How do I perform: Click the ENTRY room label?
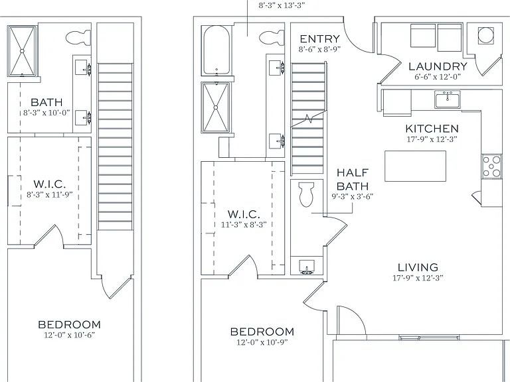pos(319,39)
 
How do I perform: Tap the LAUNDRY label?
pos(438,66)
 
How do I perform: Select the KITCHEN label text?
pos(432,129)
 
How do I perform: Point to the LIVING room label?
pos(418,267)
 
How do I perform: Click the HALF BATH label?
pos(353,179)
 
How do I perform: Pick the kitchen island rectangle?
pos(415,166)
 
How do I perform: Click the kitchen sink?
pos(448,99)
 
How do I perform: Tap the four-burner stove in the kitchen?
pos(491,166)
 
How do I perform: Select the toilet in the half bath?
pos(305,194)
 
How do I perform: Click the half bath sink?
pos(306,267)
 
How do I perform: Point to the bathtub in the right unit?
pos(216,50)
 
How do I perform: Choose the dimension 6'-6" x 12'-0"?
pos(438,77)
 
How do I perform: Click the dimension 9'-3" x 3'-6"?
pos(352,196)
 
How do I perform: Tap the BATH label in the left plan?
pos(46,102)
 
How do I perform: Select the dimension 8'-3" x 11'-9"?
pos(49,195)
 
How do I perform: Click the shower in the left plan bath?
pos(22,51)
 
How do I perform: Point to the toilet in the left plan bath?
pos(78,38)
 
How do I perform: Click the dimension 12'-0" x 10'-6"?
pos(69,335)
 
